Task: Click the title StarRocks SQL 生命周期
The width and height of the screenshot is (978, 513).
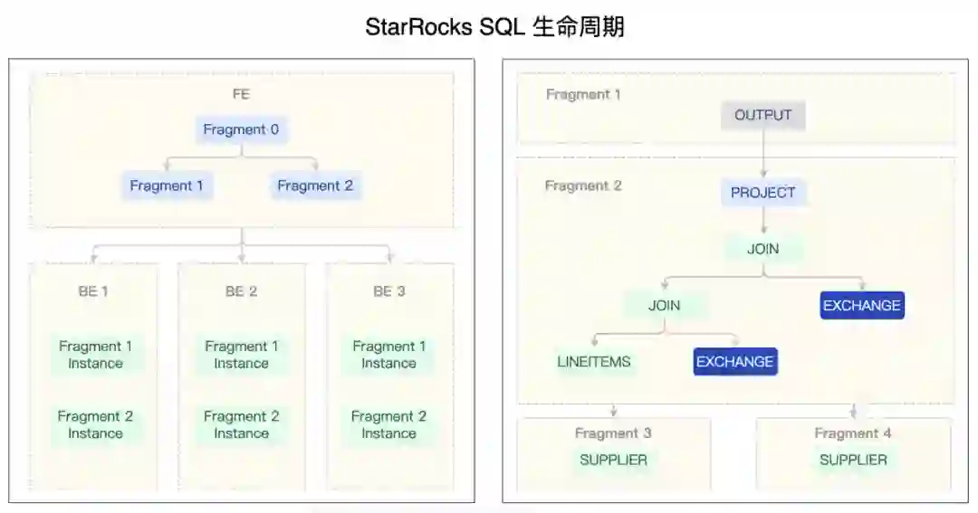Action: click(494, 27)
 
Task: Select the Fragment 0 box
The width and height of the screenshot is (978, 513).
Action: click(241, 129)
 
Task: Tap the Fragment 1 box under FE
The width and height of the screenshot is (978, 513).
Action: click(167, 185)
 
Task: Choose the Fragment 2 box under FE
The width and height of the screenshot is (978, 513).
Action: click(315, 185)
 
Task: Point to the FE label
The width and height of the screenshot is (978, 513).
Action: click(241, 93)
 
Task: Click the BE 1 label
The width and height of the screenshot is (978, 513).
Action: click(93, 291)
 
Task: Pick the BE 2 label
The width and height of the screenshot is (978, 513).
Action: click(241, 291)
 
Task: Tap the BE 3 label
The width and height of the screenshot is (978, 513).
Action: click(389, 291)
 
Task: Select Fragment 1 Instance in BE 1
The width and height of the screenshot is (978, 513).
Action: click(95, 355)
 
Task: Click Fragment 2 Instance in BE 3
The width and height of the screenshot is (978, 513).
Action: click(388, 424)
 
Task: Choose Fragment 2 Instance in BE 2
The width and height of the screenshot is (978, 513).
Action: click(241, 424)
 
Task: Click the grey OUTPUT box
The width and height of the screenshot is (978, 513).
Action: click(763, 115)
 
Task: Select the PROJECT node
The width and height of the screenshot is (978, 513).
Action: click(763, 192)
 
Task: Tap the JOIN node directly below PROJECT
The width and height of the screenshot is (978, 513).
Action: click(763, 249)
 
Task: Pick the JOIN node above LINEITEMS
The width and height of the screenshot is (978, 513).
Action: click(664, 305)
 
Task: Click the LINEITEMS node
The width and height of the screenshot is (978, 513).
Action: click(594, 362)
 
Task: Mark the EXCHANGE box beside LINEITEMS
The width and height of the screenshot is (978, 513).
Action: click(736, 362)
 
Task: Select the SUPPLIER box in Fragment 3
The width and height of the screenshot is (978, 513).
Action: click(613, 460)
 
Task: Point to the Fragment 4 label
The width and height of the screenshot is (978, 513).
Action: click(852, 433)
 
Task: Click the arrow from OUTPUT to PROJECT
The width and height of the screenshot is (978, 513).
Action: click(763, 154)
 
